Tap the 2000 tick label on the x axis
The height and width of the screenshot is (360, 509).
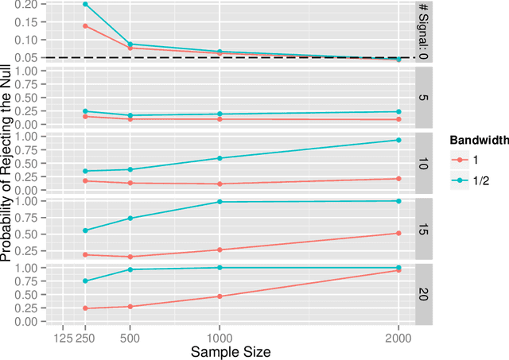[398, 335]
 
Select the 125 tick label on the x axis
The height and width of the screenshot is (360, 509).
[63, 335]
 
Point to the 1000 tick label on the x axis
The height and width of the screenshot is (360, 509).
[220, 335]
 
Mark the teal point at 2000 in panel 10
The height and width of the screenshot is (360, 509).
[398, 140]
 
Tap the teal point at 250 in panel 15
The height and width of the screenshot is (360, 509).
[84, 230]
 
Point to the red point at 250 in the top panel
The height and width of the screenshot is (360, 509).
[84, 25]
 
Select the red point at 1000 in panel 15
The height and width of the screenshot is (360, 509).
[220, 250]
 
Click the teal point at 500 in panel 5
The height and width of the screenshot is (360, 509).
[130, 115]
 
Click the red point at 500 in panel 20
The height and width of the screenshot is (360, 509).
[130, 306]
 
